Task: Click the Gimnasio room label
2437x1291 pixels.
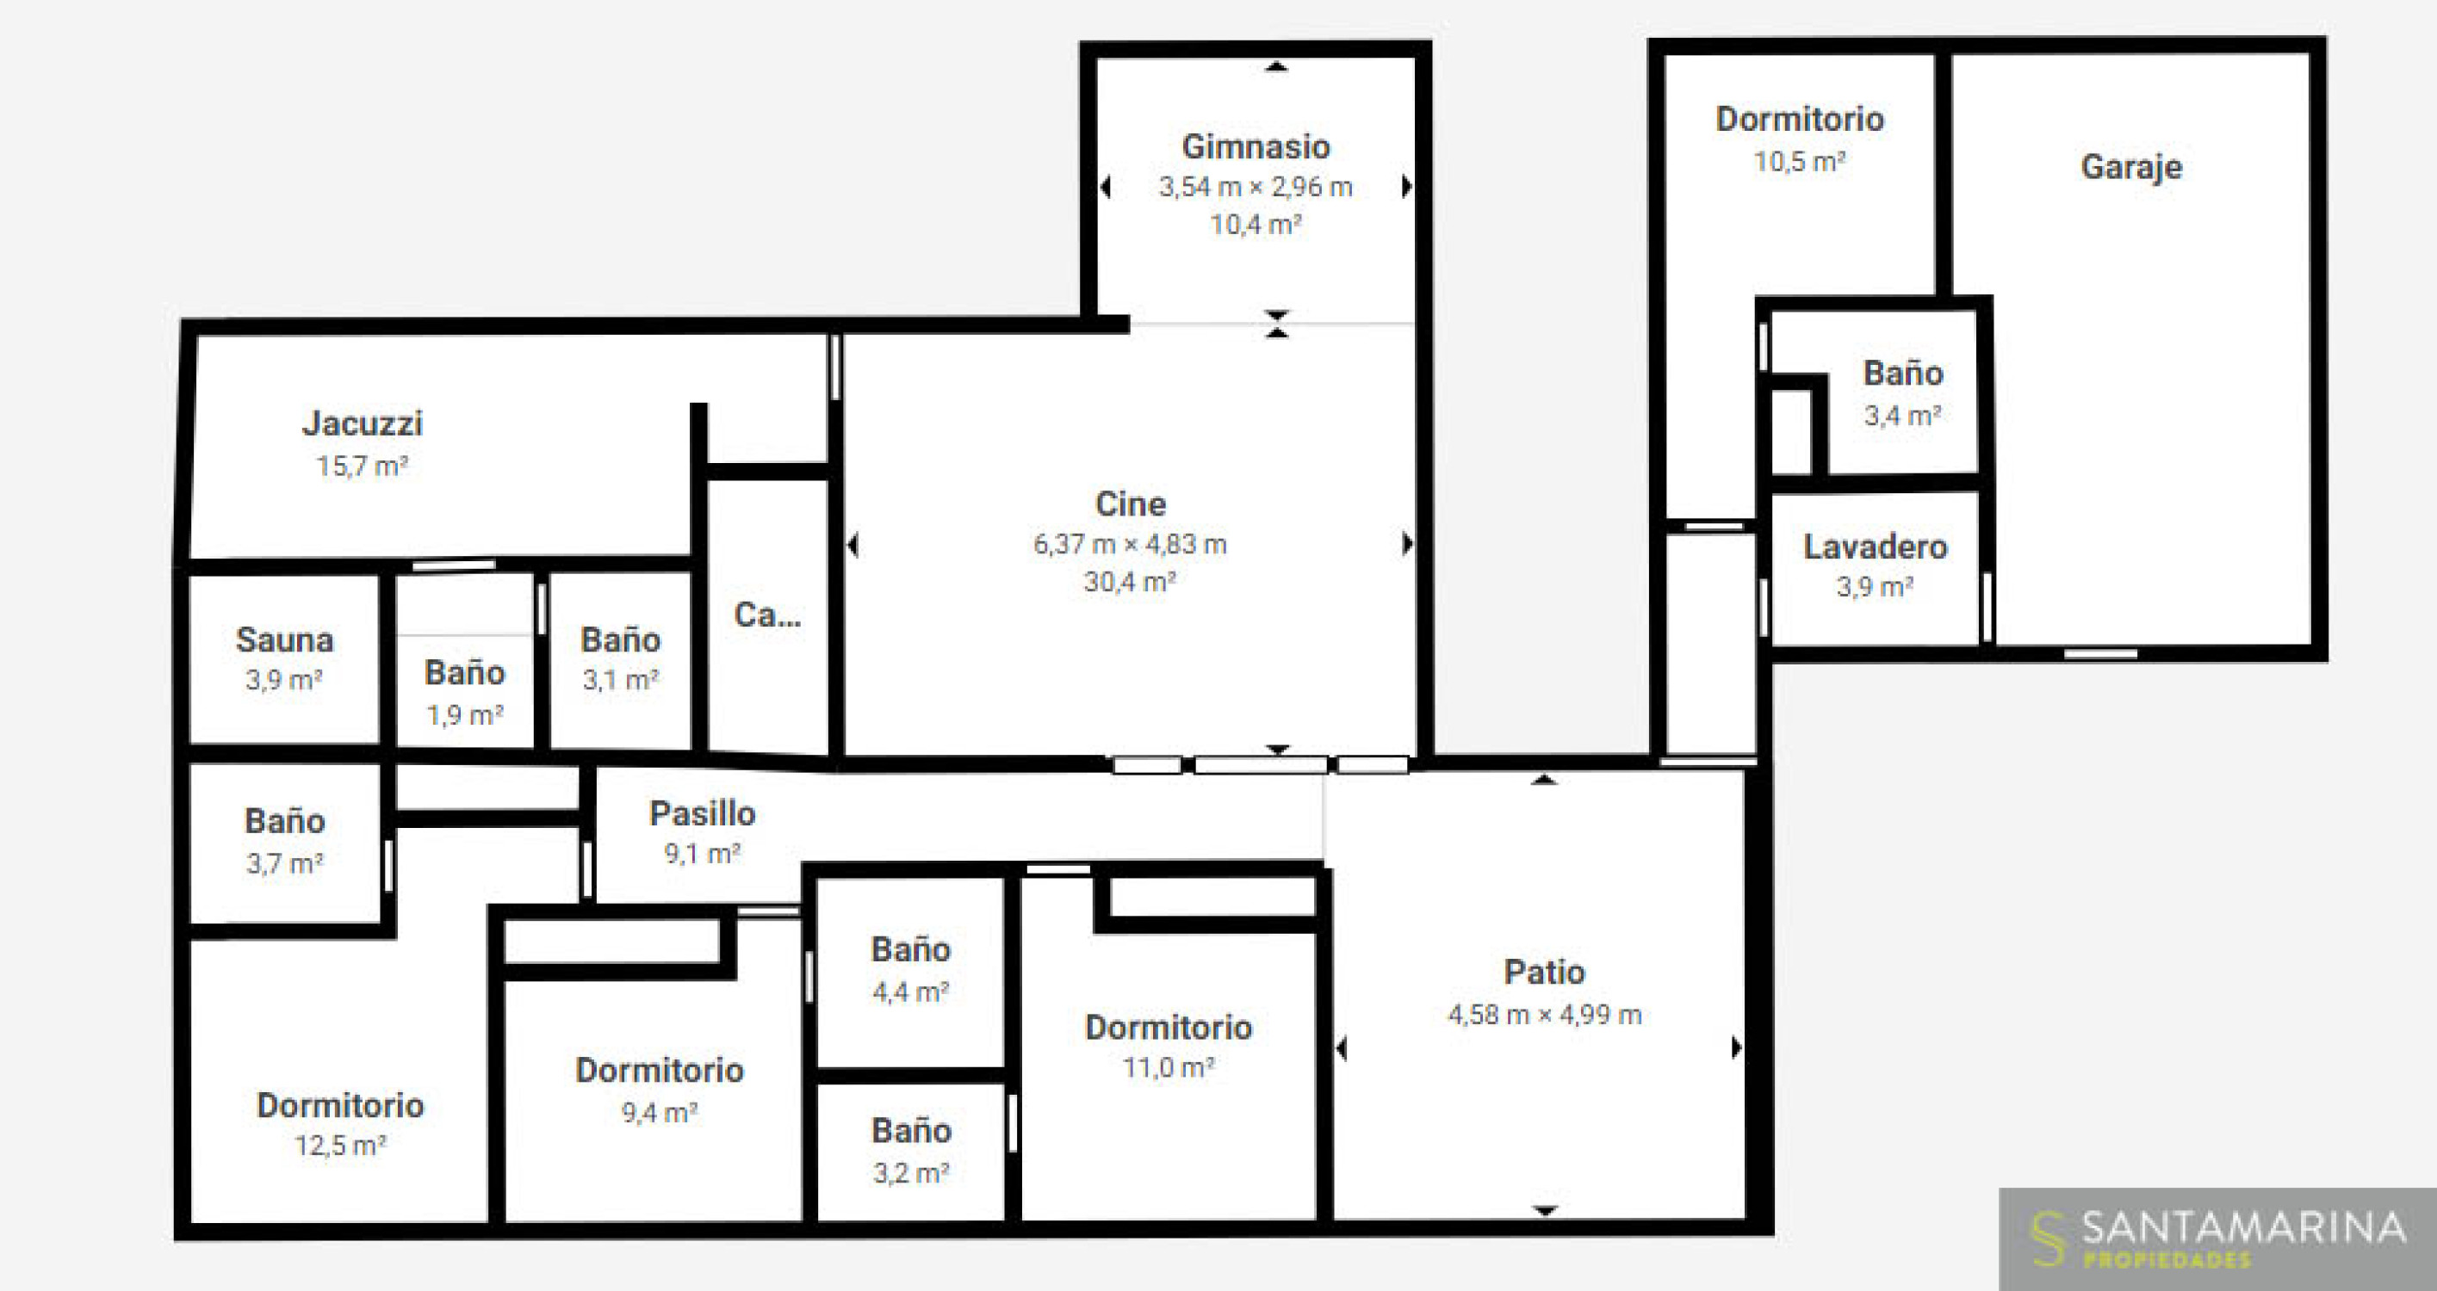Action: pos(1256,146)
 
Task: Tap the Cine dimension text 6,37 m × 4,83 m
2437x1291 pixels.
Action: pos(1130,544)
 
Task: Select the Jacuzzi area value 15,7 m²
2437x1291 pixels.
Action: pos(362,466)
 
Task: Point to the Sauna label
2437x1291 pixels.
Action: pos(285,640)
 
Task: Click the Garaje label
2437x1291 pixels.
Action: pos(2130,168)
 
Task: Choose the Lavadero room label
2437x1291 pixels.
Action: pos(1875,547)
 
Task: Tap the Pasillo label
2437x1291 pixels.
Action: pos(702,813)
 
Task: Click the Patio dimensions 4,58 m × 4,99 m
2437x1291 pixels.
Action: pos(1544,1015)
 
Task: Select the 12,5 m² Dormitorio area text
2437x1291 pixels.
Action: pos(339,1146)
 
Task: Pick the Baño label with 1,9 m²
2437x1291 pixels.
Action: pos(464,672)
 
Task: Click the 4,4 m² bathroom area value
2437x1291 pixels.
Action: pos(910,992)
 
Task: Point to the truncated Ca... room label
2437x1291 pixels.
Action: pos(767,615)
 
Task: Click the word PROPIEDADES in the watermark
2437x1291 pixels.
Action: pos(2167,1260)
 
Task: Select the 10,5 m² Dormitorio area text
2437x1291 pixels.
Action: pos(1800,162)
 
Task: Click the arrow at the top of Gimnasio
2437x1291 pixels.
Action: pos(1277,66)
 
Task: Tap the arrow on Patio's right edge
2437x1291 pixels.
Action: pos(1737,1048)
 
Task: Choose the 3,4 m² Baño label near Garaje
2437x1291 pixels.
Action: pos(1902,373)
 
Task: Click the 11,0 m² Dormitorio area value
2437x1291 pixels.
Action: pos(1169,1068)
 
